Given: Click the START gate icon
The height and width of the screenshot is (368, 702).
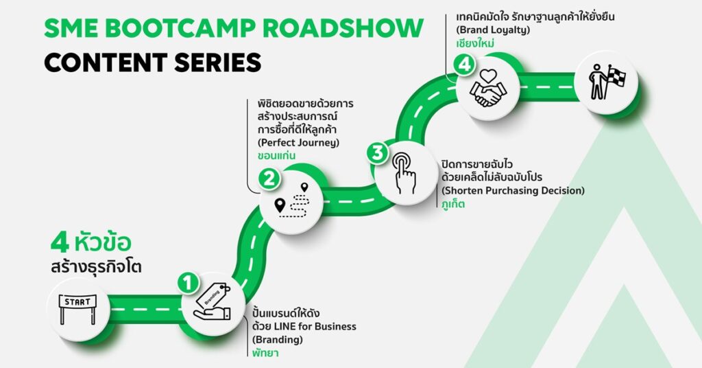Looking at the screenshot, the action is coord(77,309).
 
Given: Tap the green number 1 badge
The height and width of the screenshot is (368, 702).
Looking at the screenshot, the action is coord(189,284).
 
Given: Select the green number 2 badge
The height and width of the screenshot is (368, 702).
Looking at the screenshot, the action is coord(269,179).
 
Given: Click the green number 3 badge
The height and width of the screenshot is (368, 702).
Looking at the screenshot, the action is coord(378,152).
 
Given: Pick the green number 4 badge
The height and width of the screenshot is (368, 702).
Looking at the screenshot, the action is coord(464,65).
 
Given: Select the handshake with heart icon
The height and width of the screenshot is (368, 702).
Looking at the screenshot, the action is coord(488,89).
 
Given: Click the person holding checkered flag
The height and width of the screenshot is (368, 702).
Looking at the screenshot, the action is coord(607,82).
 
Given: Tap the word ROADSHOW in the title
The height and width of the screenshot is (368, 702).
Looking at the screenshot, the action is coord(343,29).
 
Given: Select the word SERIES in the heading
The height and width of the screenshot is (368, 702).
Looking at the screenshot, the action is coord(218,62).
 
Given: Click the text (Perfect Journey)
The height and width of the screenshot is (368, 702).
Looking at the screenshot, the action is coord(298,143).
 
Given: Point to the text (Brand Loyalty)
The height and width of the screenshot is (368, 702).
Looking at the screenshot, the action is coord(493,30).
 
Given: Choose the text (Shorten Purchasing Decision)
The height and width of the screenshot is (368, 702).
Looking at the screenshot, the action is coord(513,190).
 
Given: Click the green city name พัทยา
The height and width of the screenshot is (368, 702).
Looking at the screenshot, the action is coord(265,353).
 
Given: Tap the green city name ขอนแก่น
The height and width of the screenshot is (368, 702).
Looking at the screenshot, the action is coord(276,156).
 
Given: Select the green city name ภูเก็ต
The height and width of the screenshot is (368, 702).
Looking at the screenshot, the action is coord(453,204).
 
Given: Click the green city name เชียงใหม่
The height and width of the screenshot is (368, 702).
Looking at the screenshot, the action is coord(475,44).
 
